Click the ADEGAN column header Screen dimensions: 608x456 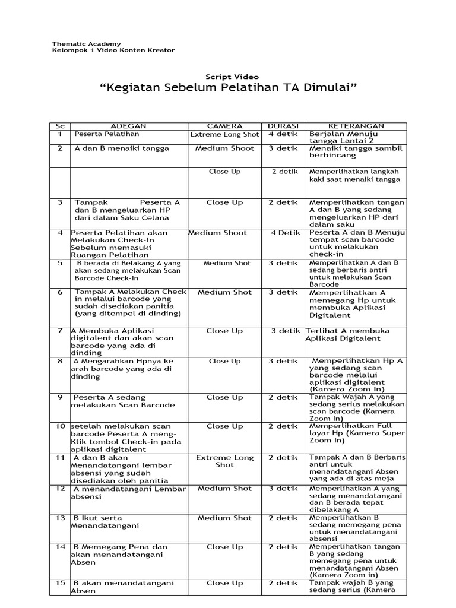[129, 126]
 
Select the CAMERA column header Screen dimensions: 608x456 [224, 126]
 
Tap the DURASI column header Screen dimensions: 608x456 [283, 126]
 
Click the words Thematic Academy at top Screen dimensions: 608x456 [86, 44]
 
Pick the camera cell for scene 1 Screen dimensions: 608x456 [224, 135]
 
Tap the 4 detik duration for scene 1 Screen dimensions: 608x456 [283, 134]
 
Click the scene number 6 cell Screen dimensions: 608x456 [59, 292]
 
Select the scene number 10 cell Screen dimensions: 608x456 [59, 426]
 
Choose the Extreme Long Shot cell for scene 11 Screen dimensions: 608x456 [224, 462]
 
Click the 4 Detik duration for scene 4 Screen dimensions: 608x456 [283, 233]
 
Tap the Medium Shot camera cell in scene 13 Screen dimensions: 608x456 [224, 518]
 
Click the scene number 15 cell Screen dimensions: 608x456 [59, 584]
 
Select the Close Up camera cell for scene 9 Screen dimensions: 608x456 [224, 397]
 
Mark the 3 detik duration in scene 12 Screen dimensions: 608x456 [283, 489]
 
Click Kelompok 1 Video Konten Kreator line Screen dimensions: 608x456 [113, 51]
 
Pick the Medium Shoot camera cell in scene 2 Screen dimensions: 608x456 [224, 148]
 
